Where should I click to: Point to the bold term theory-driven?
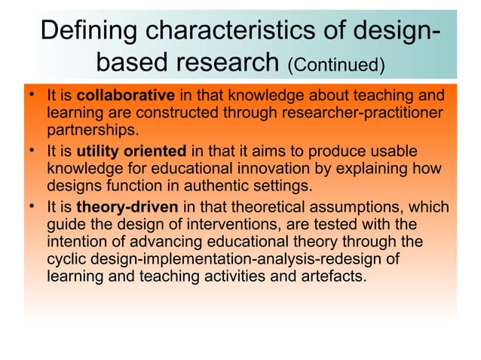pos(122,206)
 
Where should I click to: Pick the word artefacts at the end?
pos(335,276)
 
